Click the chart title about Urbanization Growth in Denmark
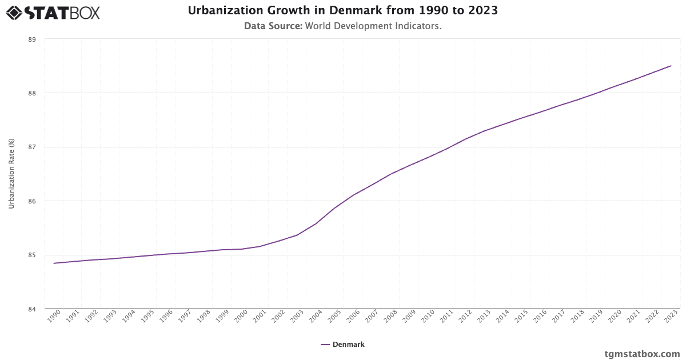[342, 11]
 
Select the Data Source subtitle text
[342, 26]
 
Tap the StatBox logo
[53, 12]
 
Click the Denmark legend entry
[342, 345]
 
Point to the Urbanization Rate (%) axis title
[11, 174]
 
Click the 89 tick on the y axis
[31, 39]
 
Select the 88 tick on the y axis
[31, 93]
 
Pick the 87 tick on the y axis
[31, 147]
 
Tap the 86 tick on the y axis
[31, 201]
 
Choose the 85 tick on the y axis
[31, 255]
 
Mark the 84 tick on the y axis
[31, 309]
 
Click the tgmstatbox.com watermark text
[642, 354]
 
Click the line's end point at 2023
[671, 66]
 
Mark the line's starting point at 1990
[54, 263]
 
